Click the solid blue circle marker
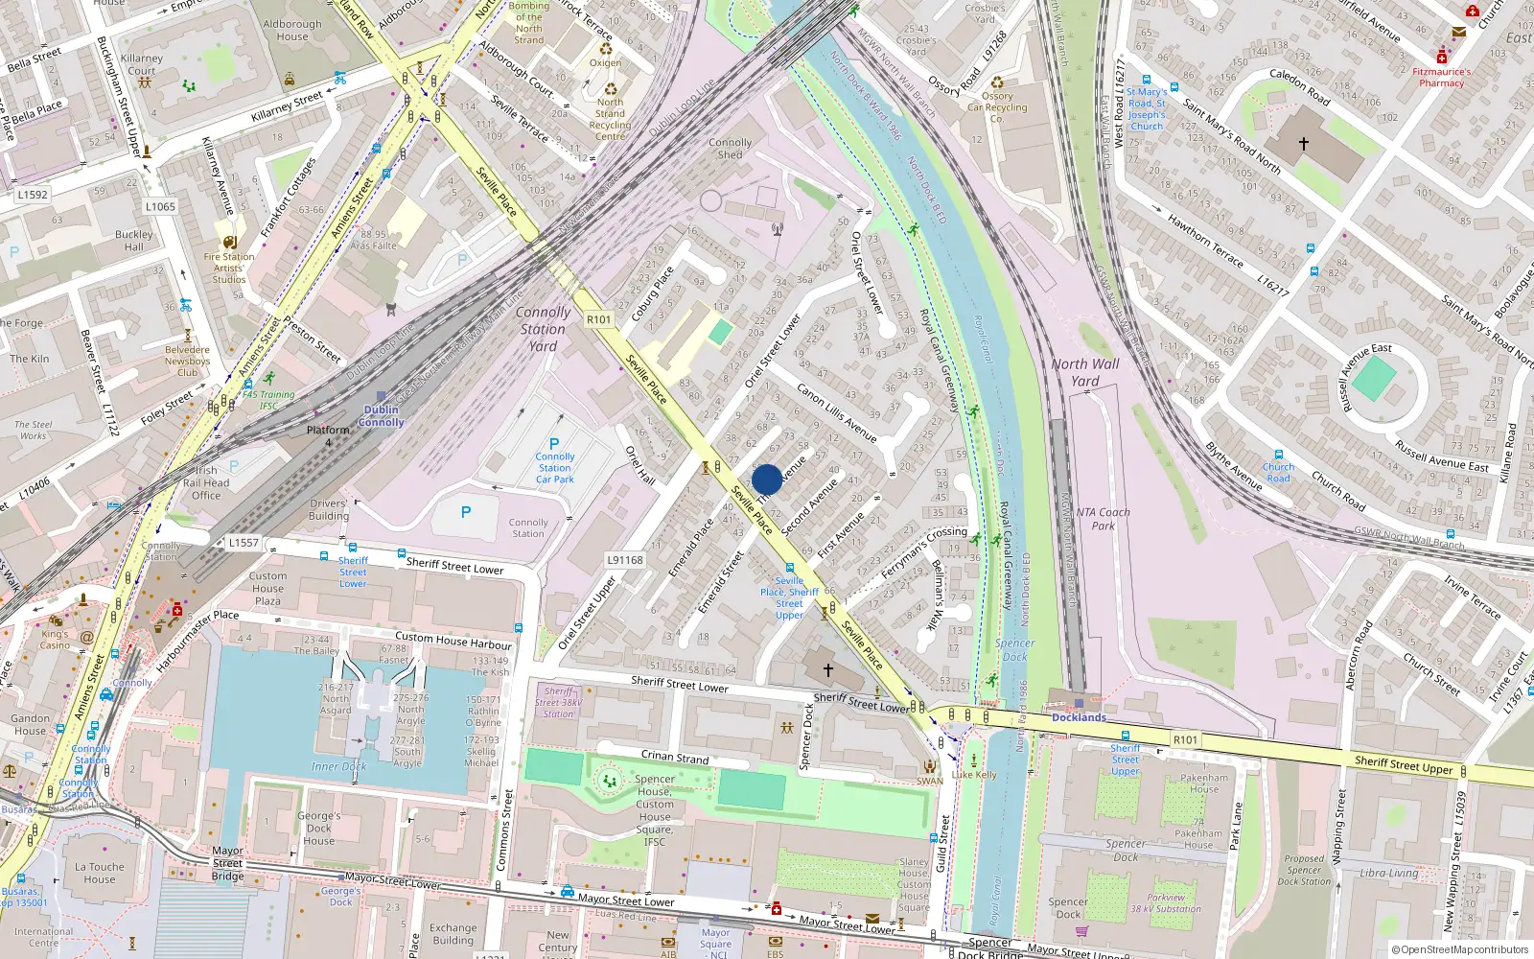(767, 479)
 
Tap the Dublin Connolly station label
(382, 416)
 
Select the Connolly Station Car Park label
(554, 468)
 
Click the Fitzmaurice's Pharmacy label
(1441, 77)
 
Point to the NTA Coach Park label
(1103, 519)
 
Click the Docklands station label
(1079, 717)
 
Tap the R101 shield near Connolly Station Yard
(598, 319)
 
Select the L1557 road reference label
(244, 543)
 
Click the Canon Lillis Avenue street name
(836, 413)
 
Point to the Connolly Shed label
(731, 148)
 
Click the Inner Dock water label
(338, 766)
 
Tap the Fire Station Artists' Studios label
(229, 268)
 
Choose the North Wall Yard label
(1084, 372)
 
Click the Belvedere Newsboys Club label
(187, 362)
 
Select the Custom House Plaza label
(267, 589)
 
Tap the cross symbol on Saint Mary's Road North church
(1303, 144)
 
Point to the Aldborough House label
(292, 31)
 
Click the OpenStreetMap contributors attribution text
(1460, 949)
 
